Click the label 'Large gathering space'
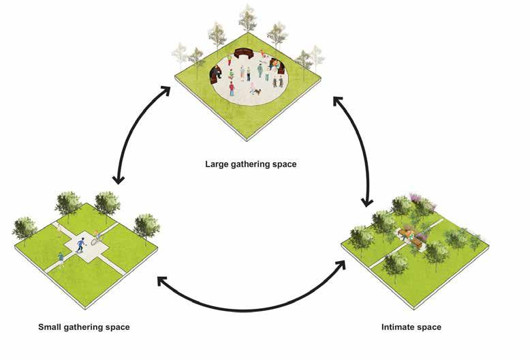tap(251, 164)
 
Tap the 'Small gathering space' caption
tap(84, 327)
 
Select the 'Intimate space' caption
tap(411, 327)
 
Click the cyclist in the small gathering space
tap(97, 239)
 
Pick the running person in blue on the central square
tap(81, 244)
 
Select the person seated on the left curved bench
tap(217, 71)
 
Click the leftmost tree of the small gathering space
tap(25, 228)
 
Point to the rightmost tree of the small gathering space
tap(146, 225)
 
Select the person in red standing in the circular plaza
tap(232, 87)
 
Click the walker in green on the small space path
tap(61, 257)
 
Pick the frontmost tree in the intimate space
tap(394, 265)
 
